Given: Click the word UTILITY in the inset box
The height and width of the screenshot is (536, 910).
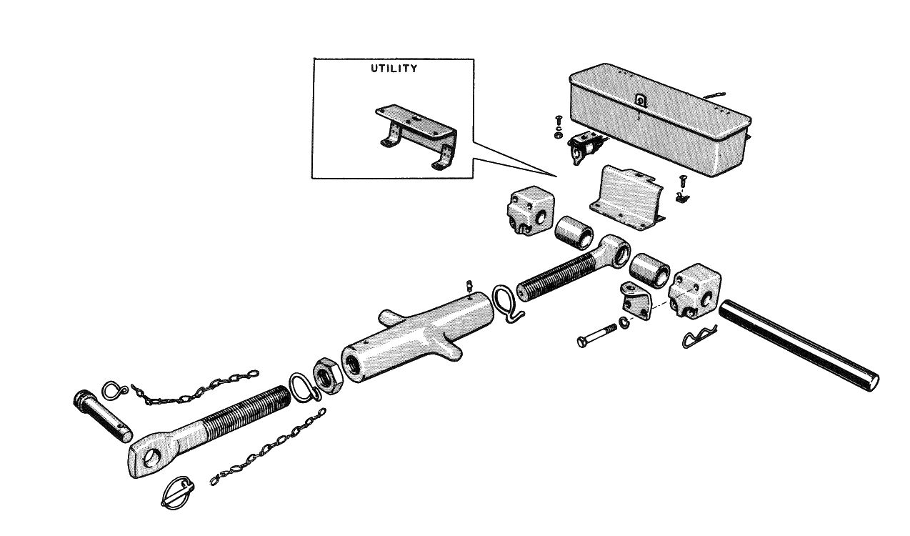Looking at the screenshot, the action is tap(394, 69).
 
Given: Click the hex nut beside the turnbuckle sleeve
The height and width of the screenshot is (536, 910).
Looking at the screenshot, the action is tap(327, 377).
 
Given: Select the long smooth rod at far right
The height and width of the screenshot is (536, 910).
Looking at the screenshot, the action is tap(799, 345).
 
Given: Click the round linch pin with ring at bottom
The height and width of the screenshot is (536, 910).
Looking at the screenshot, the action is tap(178, 492).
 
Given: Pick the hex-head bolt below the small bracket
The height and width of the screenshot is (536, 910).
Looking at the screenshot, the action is tap(596, 336).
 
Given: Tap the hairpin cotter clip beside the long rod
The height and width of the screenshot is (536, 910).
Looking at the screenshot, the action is tap(699, 336).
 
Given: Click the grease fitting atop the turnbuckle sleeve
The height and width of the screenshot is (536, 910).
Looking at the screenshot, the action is tap(470, 286).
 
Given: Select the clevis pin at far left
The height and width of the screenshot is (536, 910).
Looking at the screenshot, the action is tap(102, 416).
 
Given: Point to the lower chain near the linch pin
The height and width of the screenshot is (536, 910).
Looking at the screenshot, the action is tap(268, 447).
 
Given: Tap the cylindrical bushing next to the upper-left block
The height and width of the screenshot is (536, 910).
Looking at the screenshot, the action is tap(574, 233).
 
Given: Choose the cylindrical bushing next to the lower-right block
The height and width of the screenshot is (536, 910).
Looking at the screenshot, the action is tap(649, 270).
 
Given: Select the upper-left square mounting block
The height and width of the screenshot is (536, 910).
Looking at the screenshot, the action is tap(531, 211).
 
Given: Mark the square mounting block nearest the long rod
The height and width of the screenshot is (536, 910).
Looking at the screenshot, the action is tap(696, 291).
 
